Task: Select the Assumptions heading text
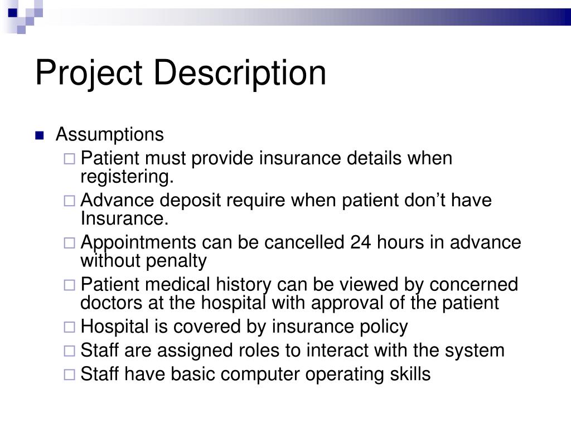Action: [x=110, y=134]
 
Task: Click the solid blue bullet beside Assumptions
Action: [x=39, y=135]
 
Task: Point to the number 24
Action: [x=362, y=243]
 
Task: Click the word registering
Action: [x=127, y=177]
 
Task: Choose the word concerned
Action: [x=473, y=285]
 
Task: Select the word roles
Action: [x=234, y=351]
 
